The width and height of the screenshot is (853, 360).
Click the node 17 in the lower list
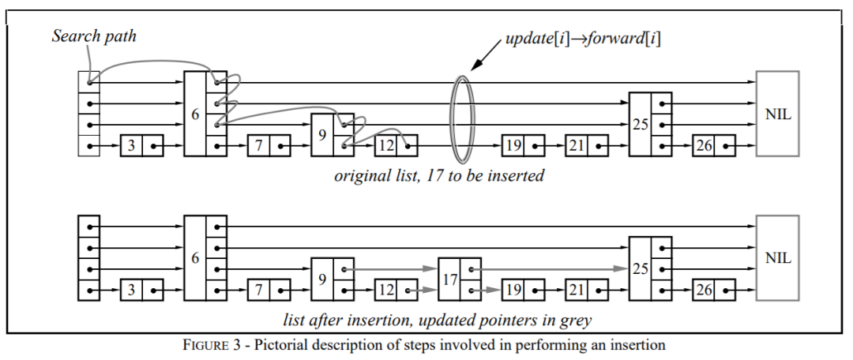tap(449, 279)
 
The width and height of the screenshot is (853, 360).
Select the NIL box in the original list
tap(777, 114)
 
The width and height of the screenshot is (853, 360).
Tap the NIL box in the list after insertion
tap(777, 257)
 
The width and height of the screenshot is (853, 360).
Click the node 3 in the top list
tap(141, 146)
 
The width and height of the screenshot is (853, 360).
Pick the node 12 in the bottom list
tap(395, 290)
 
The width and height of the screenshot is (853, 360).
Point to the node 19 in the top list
tap(524, 146)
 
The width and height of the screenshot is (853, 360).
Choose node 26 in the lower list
tap(713, 290)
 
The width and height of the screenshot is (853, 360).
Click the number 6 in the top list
tap(194, 114)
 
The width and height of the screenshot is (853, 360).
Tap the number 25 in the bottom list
tap(640, 269)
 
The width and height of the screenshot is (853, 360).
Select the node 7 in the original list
tap(269, 146)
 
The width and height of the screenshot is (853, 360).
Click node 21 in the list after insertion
tap(587, 290)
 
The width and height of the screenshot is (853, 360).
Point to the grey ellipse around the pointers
tap(460, 114)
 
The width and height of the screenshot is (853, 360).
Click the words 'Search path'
tap(93, 36)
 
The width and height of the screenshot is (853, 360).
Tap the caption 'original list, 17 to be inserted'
tap(438, 175)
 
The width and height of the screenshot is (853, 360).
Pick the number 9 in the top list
tap(321, 134)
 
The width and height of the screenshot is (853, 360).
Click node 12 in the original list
tap(395, 146)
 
